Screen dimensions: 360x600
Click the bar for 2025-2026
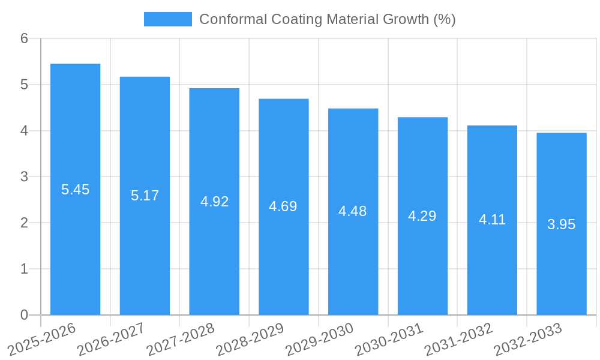[x=75, y=189]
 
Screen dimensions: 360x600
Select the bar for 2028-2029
[x=283, y=206]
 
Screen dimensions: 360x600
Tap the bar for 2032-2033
[x=561, y=224]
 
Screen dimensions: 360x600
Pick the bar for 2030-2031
[x=422, y=216]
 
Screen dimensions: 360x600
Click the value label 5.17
[x=145, y=196]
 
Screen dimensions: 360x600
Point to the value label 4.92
[x=214, y=202]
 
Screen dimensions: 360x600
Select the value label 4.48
[x=353, y=211]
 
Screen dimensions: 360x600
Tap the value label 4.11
[x=492, y=220]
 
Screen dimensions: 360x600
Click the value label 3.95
[x=561, y=224]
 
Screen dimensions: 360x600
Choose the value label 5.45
[x=75, y=190]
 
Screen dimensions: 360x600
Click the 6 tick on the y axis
[x=24, y=38]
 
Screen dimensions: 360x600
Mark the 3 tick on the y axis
[x=24, y=177]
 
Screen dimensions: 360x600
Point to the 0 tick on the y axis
[x=24, y=315]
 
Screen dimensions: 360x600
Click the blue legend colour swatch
[x=167, y=19]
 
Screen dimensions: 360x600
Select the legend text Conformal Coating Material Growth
[x=327, y=19]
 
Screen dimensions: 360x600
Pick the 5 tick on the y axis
[x=24, y=85]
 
